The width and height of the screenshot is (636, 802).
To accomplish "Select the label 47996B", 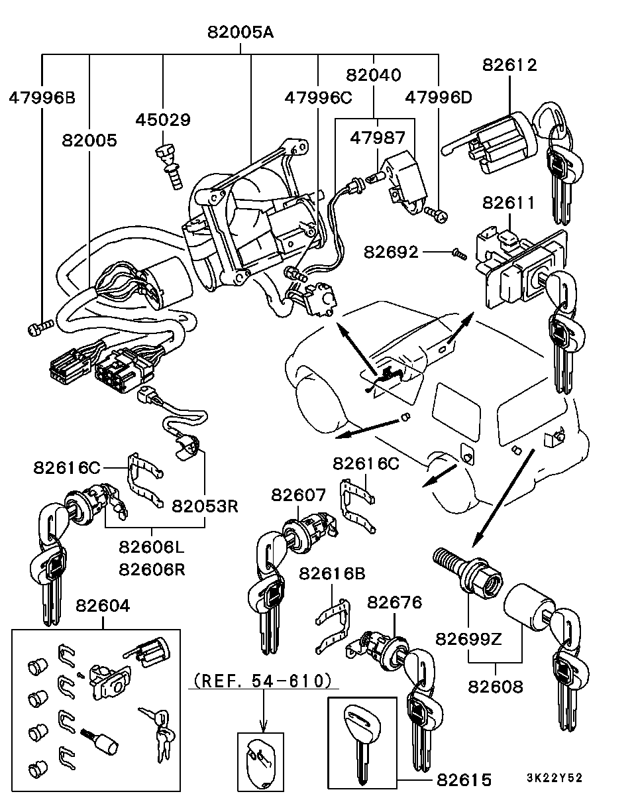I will coord(42,98).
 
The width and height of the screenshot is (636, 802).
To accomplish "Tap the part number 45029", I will coord(163,120).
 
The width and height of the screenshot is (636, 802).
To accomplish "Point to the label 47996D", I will coord(438,98).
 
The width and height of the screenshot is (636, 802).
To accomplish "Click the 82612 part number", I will coord(509,65).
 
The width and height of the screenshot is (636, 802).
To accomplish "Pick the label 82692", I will coord(391,253).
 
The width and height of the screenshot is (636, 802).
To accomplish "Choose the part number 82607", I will coord(298,494).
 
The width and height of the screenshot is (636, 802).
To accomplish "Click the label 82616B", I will coord(332,573).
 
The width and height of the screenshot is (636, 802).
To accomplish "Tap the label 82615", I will coord(464,780).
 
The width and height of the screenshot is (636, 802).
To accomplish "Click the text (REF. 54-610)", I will coord(263,680).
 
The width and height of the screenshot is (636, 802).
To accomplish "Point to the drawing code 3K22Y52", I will coord(555,778).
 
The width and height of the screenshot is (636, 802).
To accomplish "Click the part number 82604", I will coord(103,605).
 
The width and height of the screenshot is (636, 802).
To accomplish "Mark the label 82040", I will coord(373,76).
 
